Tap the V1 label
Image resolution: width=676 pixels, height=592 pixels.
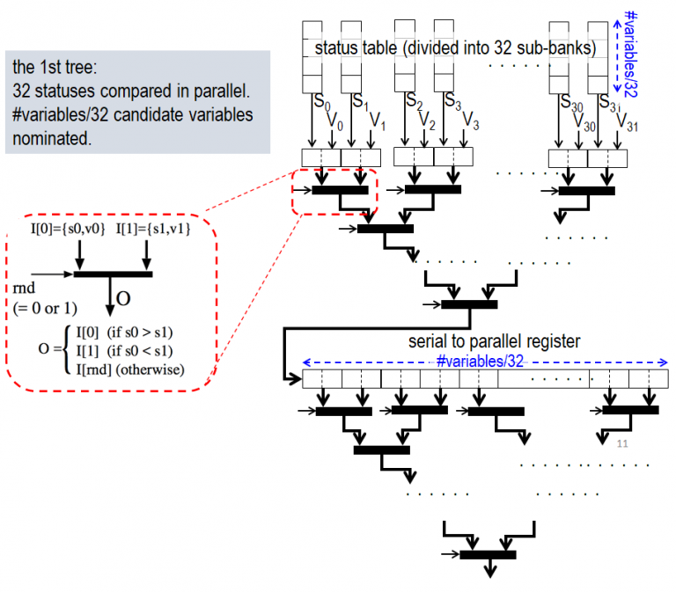coord(376,120)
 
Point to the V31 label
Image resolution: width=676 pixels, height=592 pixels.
coord(624,121)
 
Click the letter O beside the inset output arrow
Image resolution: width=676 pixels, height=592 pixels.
coord(124,299)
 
